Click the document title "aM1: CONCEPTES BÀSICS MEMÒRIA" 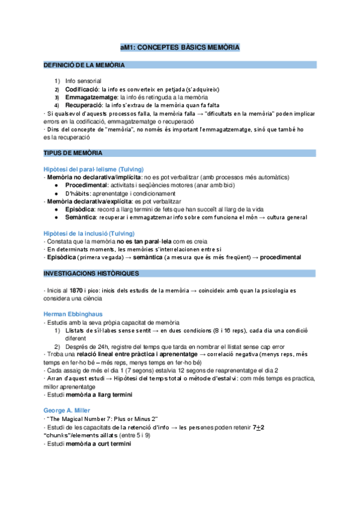point(180,46)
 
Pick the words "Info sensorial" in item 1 point(84,81)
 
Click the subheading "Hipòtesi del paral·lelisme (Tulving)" point(93,170)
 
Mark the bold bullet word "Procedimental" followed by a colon point(87,186)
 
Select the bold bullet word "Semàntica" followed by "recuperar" point(81,217)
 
